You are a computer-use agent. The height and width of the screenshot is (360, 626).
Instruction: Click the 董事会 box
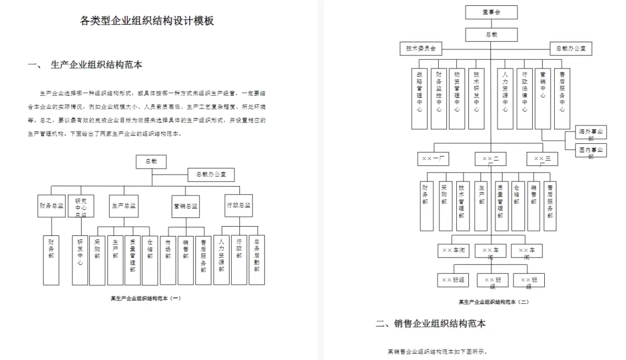pos(491,12)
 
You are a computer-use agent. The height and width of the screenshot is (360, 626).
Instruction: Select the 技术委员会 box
pos(421,49)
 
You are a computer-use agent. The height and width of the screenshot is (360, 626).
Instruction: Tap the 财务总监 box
pos(51,206)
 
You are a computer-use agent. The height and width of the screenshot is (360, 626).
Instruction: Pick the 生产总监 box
pos(123,206)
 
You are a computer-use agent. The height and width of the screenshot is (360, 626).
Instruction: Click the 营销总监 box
pos(185,206)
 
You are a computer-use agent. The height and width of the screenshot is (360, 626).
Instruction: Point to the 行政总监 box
pos(239,206)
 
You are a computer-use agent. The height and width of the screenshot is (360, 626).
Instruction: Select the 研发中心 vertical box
pos(80,259)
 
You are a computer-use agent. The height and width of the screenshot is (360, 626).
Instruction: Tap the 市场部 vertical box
pos(168,259)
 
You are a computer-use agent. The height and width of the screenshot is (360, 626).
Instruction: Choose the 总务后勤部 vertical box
pos(256,259)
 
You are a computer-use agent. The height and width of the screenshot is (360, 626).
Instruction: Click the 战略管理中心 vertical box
pos(420,99)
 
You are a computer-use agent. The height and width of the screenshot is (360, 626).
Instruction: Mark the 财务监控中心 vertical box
pos(439,99)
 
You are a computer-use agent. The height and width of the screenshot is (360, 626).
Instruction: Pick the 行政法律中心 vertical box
pos(524,99)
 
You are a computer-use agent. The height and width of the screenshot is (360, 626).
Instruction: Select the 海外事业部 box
pos(591,134)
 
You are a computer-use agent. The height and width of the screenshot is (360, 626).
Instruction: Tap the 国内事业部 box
pos(591,151)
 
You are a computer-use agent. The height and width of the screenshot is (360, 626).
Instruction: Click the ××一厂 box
pos(432,158)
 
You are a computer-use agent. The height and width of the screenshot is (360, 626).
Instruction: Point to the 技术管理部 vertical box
pos(461,205)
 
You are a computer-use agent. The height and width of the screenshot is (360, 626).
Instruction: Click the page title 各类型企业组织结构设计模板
pos(147,21)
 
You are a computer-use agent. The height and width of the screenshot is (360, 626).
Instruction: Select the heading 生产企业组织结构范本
pos(96,65)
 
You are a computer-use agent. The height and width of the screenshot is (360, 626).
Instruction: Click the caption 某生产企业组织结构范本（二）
pos(493,302)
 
